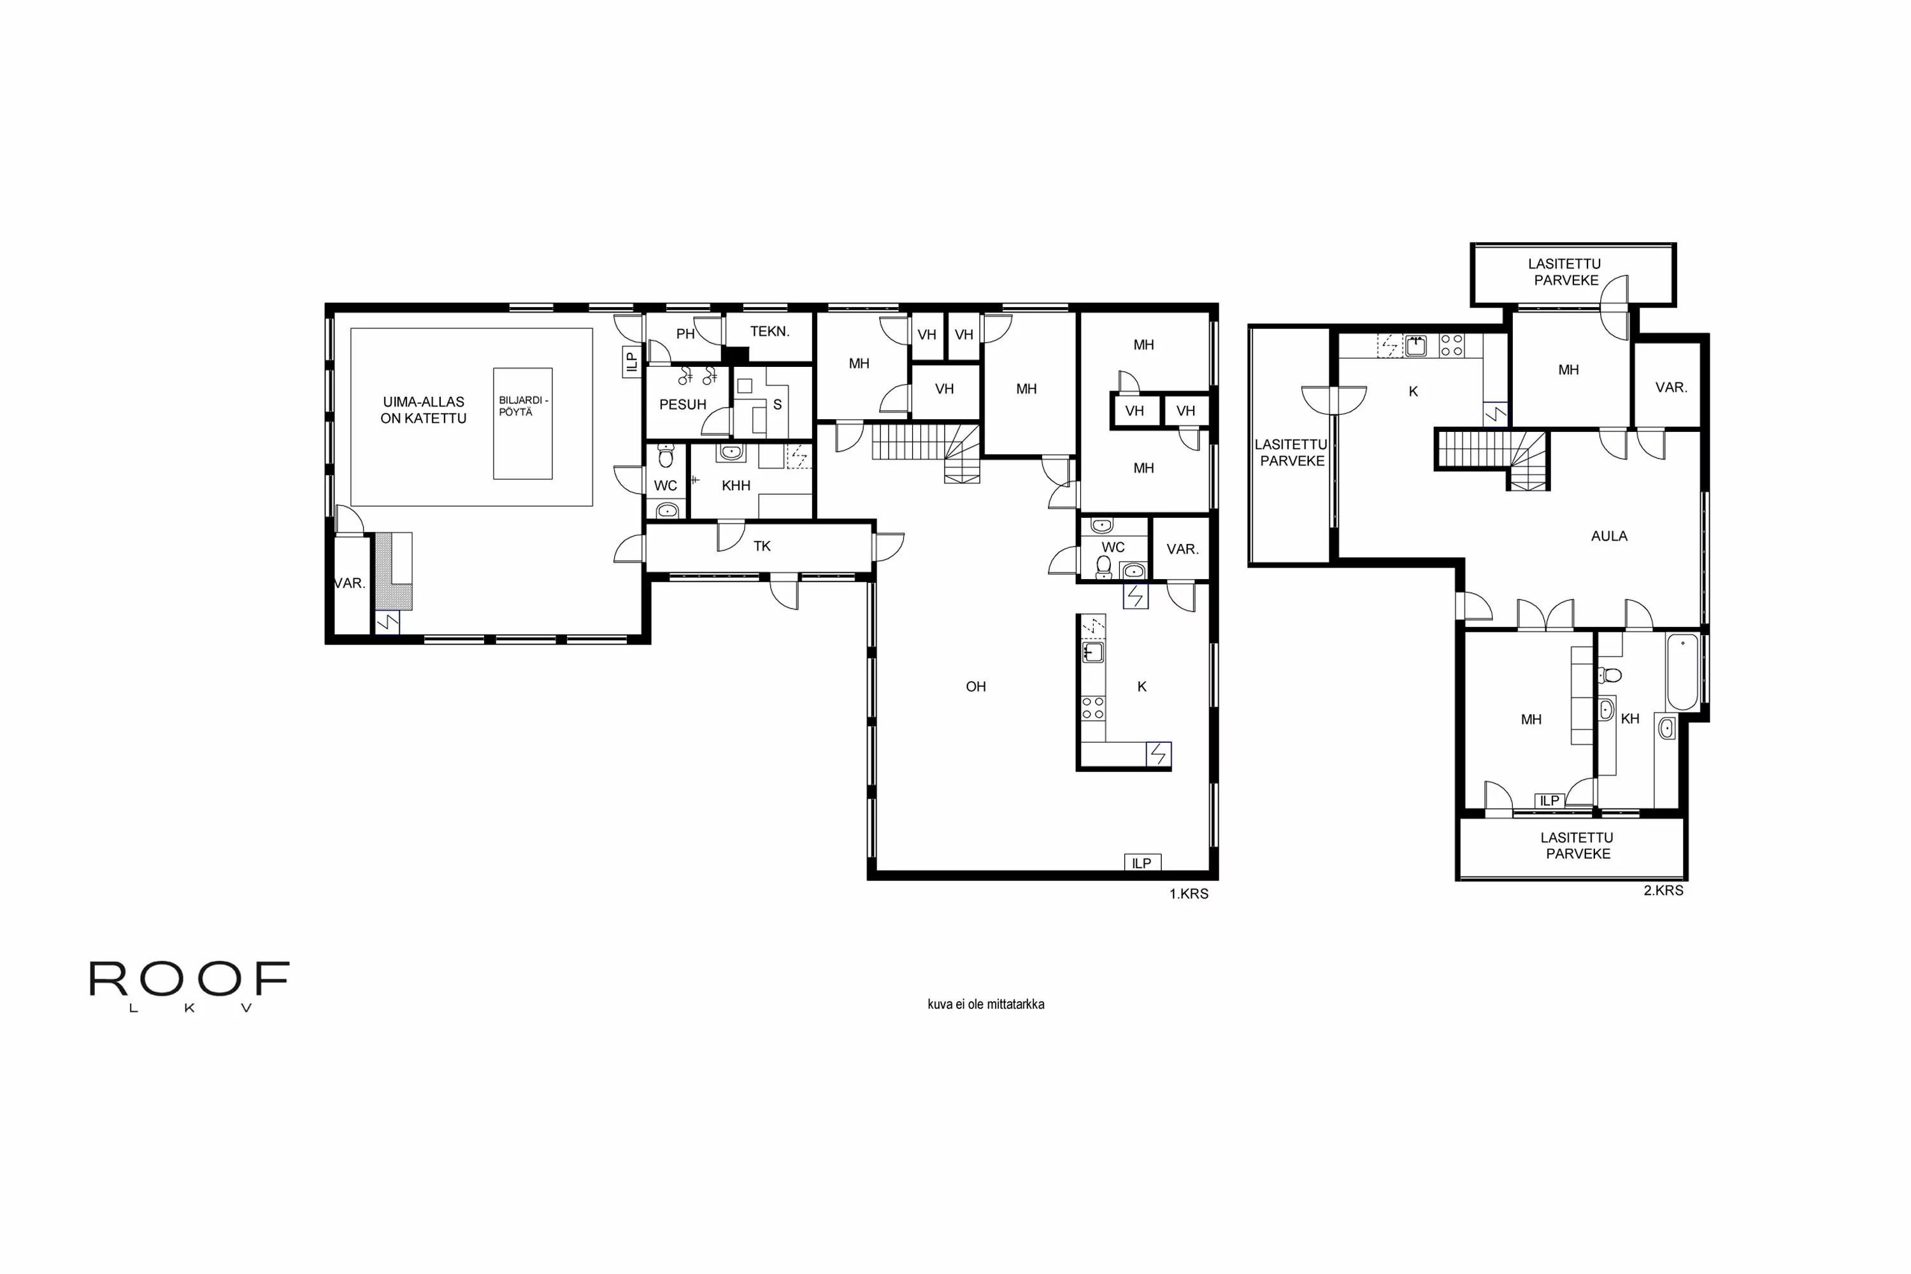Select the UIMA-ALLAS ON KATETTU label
(x=424, y=410)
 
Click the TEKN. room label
(x=769, y=331)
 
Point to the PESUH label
(x=682, y=404)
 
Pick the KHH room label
(x=736, y=486)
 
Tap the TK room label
(x=761, y=546)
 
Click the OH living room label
(x=976, y=687)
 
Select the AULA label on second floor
(x=1609, y=536)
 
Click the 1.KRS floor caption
(x=1189, y=894)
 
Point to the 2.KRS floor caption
(x=1663, y=891)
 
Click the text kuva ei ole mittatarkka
(x=985, y=1005)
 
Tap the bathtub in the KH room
(x=1683, y=672)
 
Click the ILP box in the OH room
(x=1142, y=863)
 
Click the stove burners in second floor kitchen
(x=1451, y=345)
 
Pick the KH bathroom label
(x=1630, y=719)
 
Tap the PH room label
(x=685, y=334)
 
